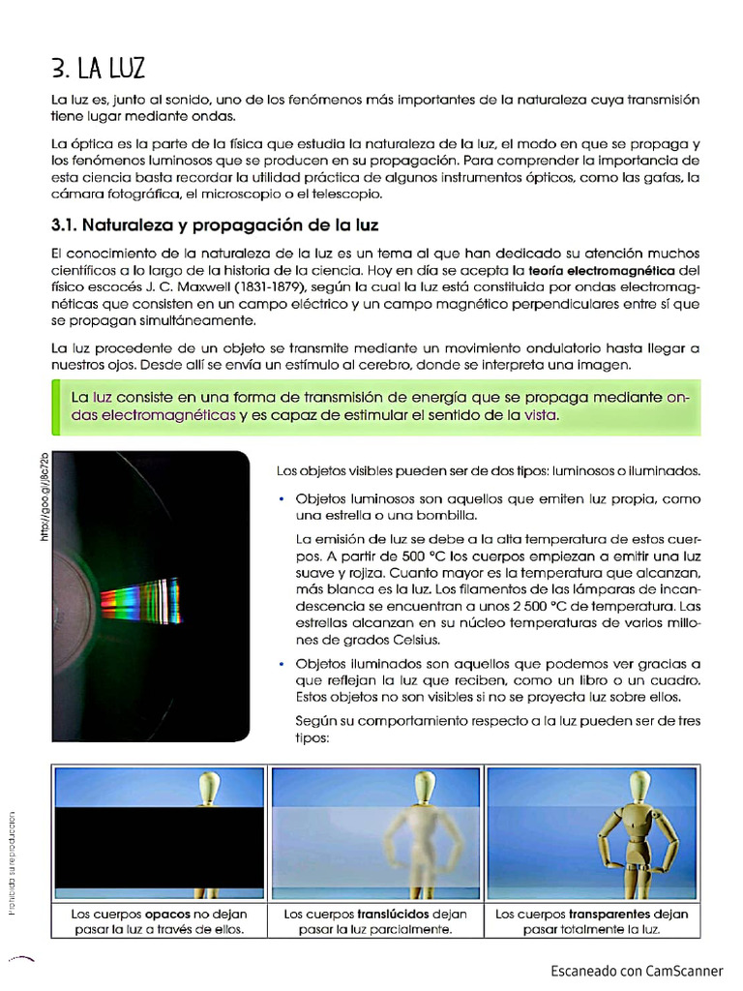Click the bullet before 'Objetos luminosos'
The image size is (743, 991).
click(282, 498)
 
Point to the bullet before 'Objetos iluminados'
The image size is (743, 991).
click(282, 665)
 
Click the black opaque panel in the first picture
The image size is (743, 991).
click(159, 848)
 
